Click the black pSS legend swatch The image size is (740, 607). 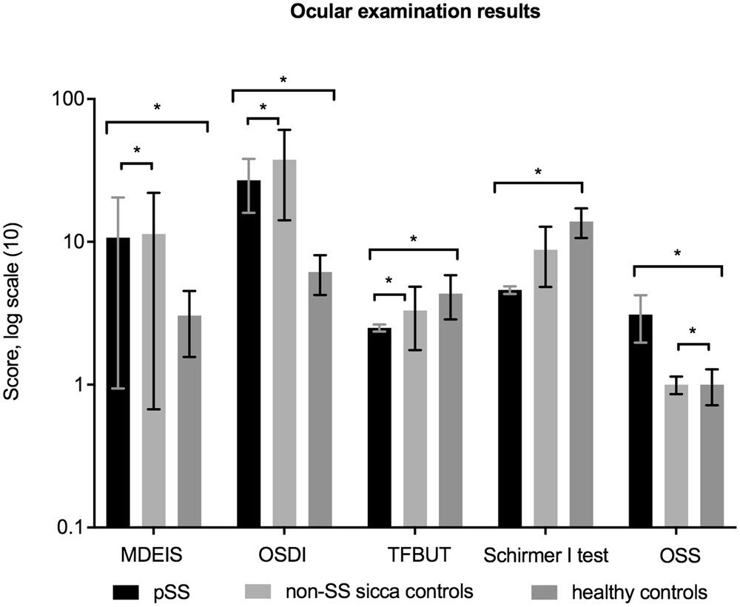pos(126,591)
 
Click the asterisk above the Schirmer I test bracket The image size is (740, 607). pos(538,172)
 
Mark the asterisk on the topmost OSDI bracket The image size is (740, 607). pos(283,80)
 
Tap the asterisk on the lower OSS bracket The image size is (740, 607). pos(693,332)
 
